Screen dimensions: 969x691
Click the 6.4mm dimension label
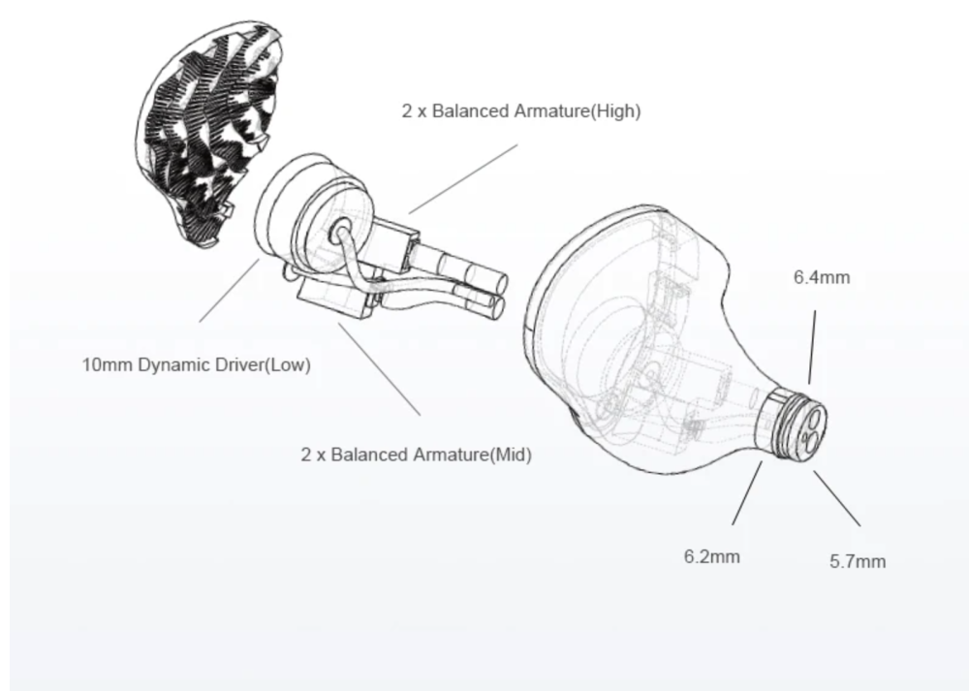coord(822,277)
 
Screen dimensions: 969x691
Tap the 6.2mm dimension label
coord(711,557)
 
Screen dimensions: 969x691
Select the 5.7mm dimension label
coord(858,562)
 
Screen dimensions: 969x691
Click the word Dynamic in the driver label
coord(174,364)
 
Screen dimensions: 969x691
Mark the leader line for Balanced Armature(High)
coord(463,179)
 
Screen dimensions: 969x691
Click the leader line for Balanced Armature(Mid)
coord(380,369)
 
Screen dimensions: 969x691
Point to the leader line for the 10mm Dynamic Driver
coord(230,291)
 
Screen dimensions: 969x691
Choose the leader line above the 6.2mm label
coord(747,493)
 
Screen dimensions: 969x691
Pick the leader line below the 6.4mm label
coord(812,347)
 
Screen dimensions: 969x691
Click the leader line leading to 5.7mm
coord(837,499)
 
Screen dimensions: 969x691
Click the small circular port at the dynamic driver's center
coord(340,234)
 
